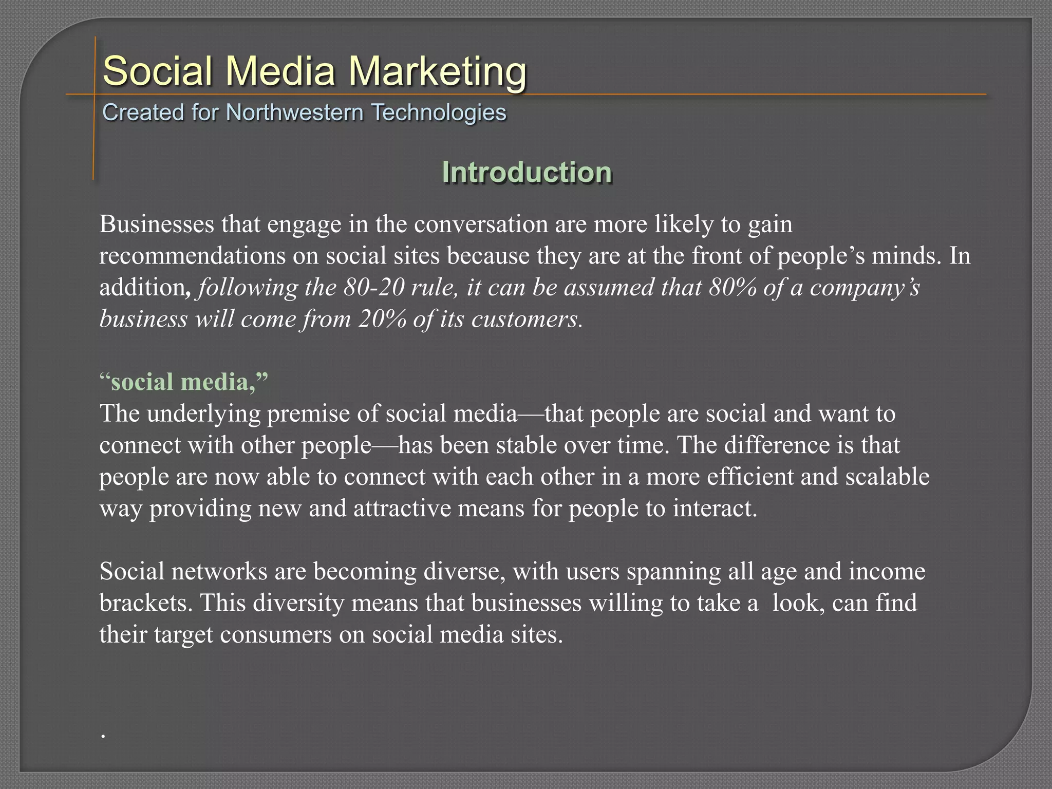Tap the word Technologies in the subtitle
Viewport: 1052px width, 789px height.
(439, 112)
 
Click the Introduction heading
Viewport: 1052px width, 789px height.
(527, 172)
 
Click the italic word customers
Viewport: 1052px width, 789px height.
(526, 320)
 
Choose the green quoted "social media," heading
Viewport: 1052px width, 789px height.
(183, 382)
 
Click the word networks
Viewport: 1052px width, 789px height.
(220, 572)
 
